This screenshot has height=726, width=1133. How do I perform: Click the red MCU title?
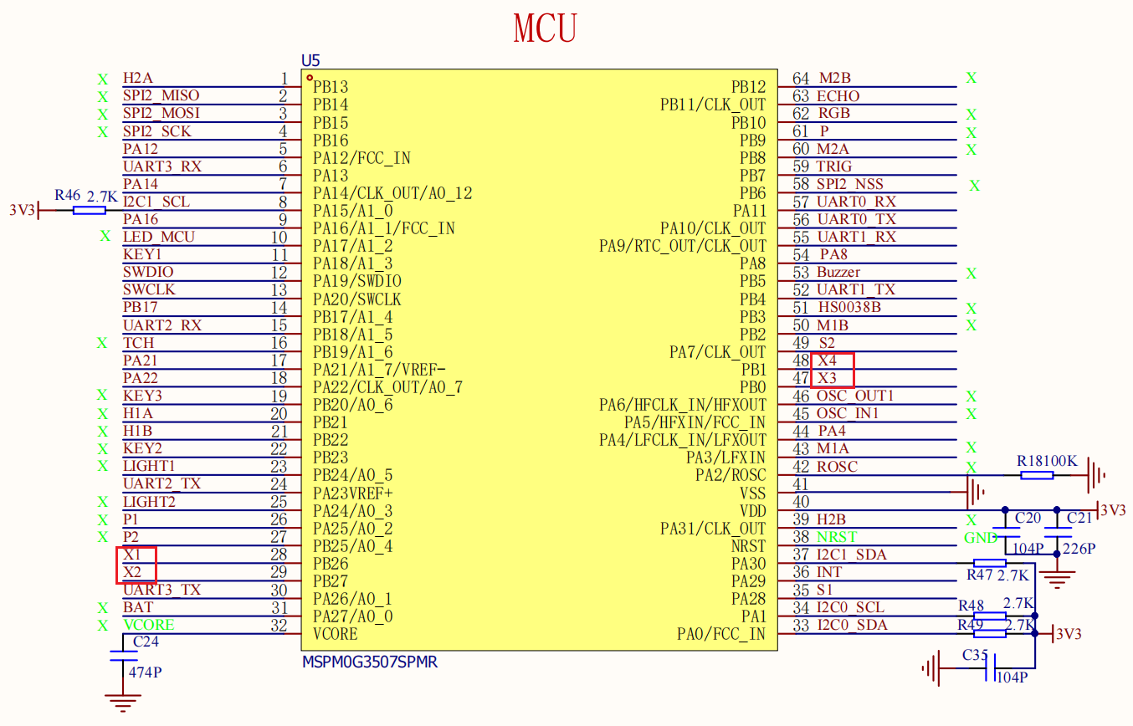pos(545,28)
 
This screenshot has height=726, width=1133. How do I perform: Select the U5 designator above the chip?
pos(310,61)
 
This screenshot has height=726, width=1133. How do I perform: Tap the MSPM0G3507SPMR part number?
pos(370,662)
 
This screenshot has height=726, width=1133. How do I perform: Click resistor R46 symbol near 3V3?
pos(89,210)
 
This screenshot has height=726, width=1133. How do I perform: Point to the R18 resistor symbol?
pos(1037,475)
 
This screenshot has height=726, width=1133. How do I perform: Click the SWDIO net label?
pos(148,272)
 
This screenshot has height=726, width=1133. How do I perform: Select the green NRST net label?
pos(837,536)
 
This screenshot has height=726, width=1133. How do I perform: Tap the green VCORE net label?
pos(149,625)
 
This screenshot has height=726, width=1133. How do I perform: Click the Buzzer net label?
pos(838,272)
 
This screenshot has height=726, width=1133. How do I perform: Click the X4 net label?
pos(828,360)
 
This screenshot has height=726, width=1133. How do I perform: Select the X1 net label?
pos(131,555)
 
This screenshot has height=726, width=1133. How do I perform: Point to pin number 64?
pos(801,79)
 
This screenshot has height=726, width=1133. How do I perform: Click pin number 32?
pos(279,626)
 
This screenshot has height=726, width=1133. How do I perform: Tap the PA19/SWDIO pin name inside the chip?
pos(357,281)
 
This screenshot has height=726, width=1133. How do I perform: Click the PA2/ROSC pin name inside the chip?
pos(731,475)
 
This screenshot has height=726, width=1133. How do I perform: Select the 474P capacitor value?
pos(145,672)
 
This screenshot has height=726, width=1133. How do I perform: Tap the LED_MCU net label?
pos(159,237)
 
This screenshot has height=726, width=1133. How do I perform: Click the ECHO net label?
pos(838,96)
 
